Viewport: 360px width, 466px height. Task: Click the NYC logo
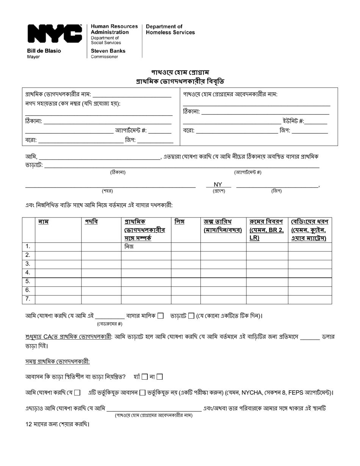pyautogui.click(x=55, y=34)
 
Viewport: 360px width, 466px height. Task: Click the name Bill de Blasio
pyautogui.click(x=44, y=51)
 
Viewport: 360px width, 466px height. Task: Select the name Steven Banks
pyautogui.click(x=108, y=51)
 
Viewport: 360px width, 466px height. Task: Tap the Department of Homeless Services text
pyautogui.click(x=170, y=29)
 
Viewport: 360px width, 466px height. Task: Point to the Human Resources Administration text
pyautogui.click(x=114, y=29)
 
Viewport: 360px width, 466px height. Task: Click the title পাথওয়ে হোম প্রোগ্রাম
pyautogui.click(x=180, y=72)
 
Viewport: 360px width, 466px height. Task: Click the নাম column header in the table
pyautogui.click(x=43, y=222)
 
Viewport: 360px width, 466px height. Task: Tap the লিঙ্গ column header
pyautogui.click(x=179, y=222)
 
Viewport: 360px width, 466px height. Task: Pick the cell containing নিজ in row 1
pyautogui.click(x=129, y=247)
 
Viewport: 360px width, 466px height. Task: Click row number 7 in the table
pyautogui.click(x=28, y=299)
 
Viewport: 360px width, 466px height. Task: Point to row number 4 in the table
pyautogui.click(x=28, y=273)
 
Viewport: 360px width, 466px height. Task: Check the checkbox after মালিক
pyautogui.click(x=161, y=316)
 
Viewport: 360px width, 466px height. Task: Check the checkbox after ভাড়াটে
pyautogui.click(x=191, y=316)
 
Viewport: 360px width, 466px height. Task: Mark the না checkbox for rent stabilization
pyautogui.click(x=160, y=377)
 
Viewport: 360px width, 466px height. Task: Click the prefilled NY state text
pyautogui.click(x=218, y=185)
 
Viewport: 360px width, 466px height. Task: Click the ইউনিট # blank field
pyautogui.click(x=316, y=122)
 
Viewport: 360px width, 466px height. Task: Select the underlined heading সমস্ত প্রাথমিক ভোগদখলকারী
pyautogui.click(x=58, y=361)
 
